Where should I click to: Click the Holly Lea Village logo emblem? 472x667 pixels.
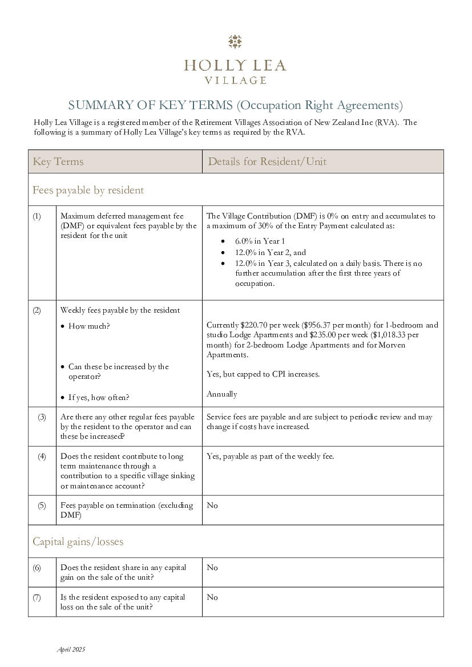point(235,42)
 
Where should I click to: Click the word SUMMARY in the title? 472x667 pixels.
point(94,105)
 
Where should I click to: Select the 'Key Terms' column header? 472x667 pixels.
point(58,161)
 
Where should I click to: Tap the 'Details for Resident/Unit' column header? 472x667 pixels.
point(267,161)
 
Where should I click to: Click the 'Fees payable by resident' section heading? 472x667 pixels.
point(88,190)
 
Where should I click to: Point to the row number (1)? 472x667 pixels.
point(37,216)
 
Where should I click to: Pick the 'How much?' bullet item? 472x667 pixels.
point(89,326)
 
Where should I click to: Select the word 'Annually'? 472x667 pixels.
point(222,394)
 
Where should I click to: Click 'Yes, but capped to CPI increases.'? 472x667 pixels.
point(263,374)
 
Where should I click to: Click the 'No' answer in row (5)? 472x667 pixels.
point(212,506)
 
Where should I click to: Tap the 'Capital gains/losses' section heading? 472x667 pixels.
point(78,541)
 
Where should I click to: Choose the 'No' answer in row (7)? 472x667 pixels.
point(212,597)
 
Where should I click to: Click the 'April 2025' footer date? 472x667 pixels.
point(71,649)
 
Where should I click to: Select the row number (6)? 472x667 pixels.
point(37,567)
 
